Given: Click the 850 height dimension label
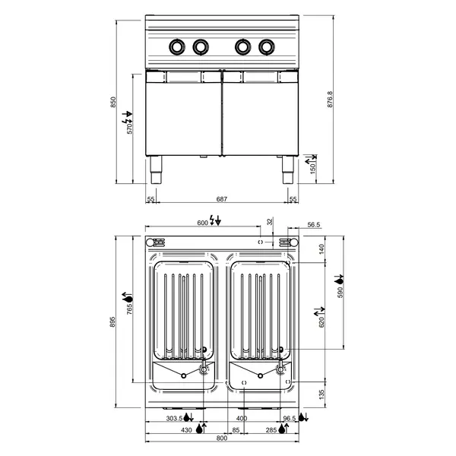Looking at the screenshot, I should coord(114,102).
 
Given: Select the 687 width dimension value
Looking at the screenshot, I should coord(221,198).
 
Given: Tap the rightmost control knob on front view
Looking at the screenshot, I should coord(266,47).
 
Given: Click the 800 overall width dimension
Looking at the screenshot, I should coord(221,439).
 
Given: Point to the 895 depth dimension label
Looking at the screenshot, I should coord(113,322).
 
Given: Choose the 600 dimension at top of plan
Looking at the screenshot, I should coord(202,222).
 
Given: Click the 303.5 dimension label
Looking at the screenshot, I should coord(175,419).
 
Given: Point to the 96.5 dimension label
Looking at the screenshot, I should coord(289,419).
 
